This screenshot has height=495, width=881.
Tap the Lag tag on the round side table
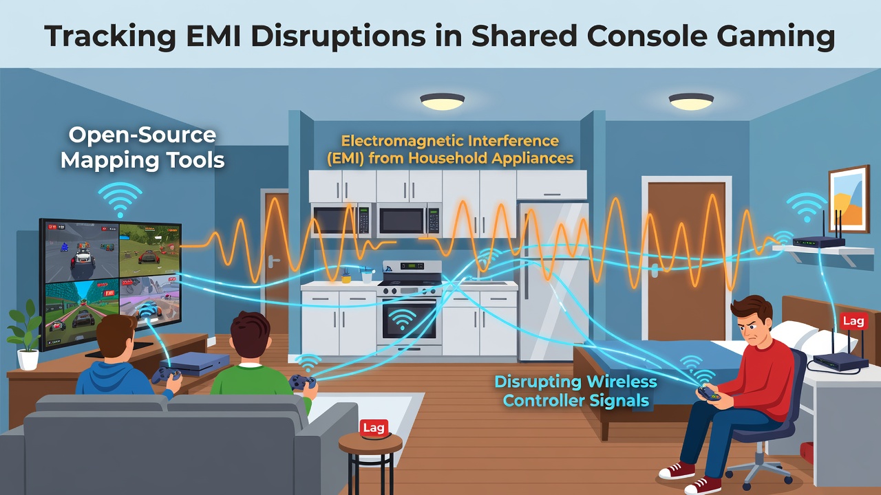click(x=374, y=428)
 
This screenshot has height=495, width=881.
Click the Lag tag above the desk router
click(x=853, y=321)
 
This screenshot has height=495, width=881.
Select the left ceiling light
click(x=442, y=101)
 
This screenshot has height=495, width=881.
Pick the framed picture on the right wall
click(x=849, y=199)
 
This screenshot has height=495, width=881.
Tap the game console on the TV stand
click(x=195, y=363)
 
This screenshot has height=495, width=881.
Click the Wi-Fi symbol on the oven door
click(x=401, y=318)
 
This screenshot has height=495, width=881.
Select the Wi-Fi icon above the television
click(x=120, y=199)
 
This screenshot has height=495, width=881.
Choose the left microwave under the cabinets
click(x=341, y=219)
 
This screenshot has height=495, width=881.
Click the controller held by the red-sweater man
click(x=709, y=393)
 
